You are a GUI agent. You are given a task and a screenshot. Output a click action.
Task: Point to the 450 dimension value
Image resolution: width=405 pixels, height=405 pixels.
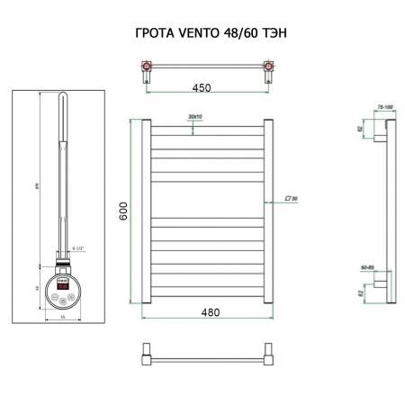[201, 89]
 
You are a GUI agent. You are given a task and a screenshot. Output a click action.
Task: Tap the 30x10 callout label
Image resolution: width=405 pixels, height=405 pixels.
[193, 116]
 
